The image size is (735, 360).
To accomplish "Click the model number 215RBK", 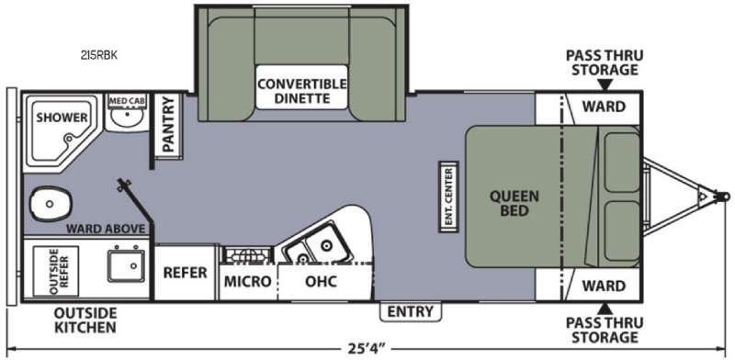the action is (x=98, y=55).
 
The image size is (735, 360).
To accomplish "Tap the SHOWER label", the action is (x=62, y=118).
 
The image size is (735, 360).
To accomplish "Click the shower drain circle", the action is (x=70, y=139).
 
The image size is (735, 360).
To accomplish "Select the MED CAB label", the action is (x=127, y=100).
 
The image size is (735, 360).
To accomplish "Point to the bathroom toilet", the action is (x=51, y=204).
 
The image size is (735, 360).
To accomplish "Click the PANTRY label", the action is (x=168, y=124).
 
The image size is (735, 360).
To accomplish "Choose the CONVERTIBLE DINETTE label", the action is (x=302, y=92).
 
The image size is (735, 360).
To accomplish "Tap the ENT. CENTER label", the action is (x=448, y=197).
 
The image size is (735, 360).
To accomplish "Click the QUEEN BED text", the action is (x=514, y=203).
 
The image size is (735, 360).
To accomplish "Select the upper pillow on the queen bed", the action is (x=622, y=163).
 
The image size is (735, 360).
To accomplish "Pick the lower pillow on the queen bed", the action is (x=622, y=231).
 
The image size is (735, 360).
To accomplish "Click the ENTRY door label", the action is (x=410, y=311).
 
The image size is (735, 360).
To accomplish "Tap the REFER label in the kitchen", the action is (x=185, y=273).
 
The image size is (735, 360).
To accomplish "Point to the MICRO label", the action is (x=247, y=281).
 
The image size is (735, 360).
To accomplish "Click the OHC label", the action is (x=321, y=281).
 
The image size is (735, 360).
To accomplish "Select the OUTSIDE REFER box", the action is (x=56, y=272).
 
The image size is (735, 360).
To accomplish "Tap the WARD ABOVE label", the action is (x=106, y=229).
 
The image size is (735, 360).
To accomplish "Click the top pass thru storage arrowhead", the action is (x=605, y=84).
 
